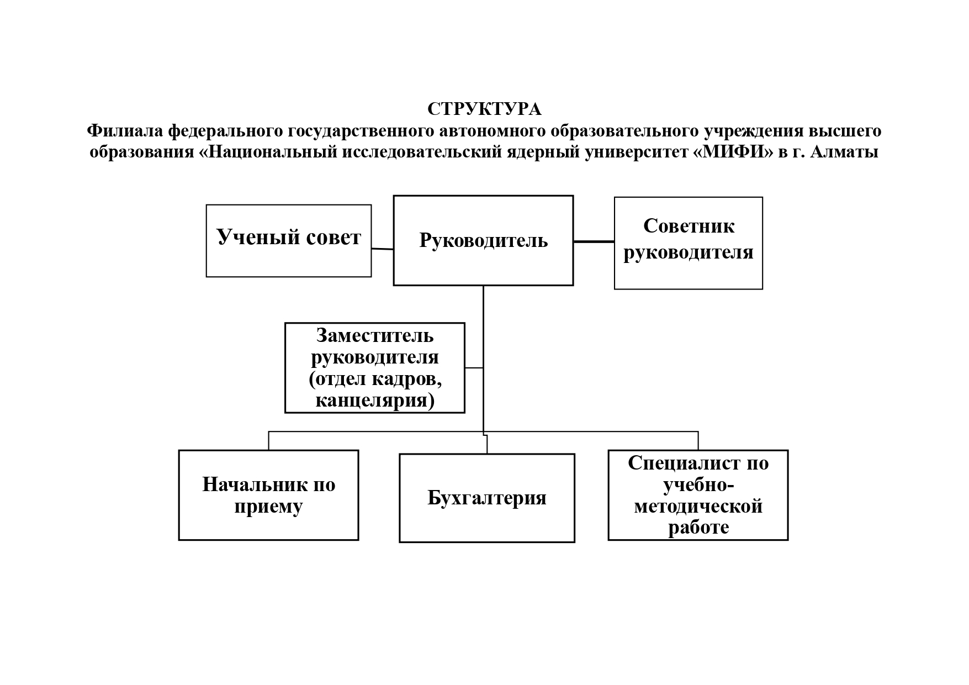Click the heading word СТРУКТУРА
tap(484, 109)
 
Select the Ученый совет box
tap(288, 241)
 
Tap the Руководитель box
tap(483, 240)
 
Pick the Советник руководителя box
tap(689, 243)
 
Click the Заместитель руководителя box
tap(375, 368)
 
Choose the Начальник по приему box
tap(269, 495)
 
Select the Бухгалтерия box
tap(487, 498)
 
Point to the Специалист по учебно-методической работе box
tap(698, 495)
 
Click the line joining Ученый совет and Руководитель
tap(382, 249)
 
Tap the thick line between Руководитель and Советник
tap(594, 241)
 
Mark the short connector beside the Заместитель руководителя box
tap(474, 367)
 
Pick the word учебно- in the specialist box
tap(698, 484)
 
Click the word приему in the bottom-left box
tap(269, 507)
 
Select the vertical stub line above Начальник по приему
tap(269, 441)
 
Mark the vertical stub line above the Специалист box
tap(698, 441)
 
